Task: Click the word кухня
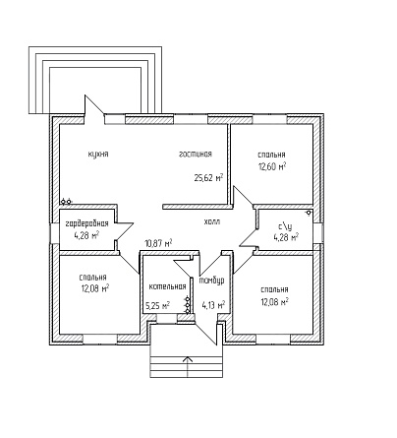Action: pos(98,155)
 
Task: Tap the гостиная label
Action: pos(196,154)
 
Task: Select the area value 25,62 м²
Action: pos(208,178)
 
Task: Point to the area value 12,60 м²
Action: pos(271,166)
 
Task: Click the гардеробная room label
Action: pos(87,224)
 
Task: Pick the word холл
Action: pos(212,221)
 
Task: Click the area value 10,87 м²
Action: pos(158,243)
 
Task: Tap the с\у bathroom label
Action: pos(285,226)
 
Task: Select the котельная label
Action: pos(167,286)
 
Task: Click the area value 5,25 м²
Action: pos(157,306)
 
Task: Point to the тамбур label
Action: pos(212,281)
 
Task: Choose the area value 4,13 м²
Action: pos(213,305)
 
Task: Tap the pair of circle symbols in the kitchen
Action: pos(66,201)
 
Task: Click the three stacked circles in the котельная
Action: pos(188,305)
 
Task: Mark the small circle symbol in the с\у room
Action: pos(309,213)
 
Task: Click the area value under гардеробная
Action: pos(86,235)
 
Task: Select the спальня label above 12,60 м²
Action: pos(271,155)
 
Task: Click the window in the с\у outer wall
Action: pos(321,233)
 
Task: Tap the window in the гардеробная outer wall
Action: pos(53,233)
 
